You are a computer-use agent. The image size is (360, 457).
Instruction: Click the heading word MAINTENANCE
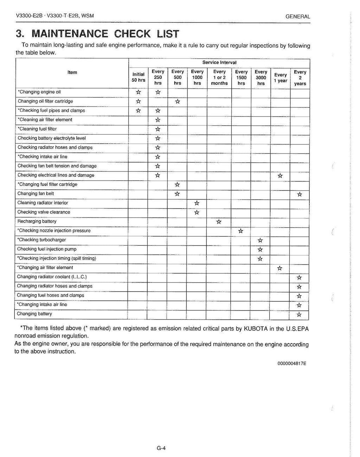tap(69, 34)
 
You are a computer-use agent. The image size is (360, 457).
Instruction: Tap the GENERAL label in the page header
tap(298, 17)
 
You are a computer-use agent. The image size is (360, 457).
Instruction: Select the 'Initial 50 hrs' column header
tap(139, 77)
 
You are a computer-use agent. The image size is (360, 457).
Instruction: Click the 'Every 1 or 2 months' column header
tap(219, 78)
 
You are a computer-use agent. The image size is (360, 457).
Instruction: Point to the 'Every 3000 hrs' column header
tap(261, 78)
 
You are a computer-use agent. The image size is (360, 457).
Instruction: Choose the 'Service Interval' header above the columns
tap(219, 63)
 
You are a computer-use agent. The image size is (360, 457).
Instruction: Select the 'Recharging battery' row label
tap(37, 221)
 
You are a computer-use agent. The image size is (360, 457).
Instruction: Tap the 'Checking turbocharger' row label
tap(41, 240)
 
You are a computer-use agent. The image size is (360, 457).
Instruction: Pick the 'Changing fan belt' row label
tap(36, 194)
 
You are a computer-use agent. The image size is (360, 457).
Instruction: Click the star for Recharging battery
tap(219, 222)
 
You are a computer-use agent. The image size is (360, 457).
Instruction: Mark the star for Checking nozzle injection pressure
tap(240, 231)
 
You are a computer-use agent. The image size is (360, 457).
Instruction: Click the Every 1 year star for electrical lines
tap(280, 176)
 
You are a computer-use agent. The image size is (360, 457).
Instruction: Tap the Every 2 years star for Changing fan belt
tap(299, 194)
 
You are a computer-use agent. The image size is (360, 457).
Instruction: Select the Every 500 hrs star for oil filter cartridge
tap(178, 102)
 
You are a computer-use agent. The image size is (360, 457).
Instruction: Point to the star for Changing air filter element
tap(279, 268)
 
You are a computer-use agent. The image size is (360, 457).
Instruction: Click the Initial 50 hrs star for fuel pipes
tap(139, 111)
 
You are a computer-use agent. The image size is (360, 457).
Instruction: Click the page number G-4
tap(161, 448)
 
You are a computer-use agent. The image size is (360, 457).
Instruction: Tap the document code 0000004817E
tap(291, 364)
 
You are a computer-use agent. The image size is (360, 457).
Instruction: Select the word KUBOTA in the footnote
tap(251, 329)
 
